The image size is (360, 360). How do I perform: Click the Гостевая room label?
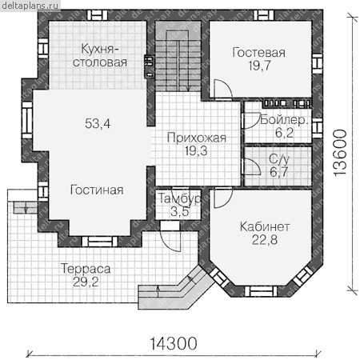coord(258,53)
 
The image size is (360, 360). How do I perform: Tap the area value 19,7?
coord(260,66)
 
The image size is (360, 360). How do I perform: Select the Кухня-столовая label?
coord(100,55)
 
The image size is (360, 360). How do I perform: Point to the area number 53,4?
coord(98,123)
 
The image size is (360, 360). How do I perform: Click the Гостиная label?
coord(97,190)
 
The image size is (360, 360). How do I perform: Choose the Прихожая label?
coord(197,138)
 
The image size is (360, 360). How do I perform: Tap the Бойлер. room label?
coord(284,121)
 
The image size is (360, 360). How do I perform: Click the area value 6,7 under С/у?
coord(278,172)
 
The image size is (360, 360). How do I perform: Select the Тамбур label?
coord(180,198)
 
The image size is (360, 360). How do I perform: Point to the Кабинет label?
coord(265,227)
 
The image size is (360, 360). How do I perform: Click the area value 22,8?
coord(265,240)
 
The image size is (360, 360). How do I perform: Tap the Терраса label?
coord(86,269)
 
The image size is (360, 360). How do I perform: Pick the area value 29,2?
coord(86,282)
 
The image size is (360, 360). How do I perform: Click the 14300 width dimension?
coord(174,343)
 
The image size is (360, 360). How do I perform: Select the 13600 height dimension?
coord(341,153)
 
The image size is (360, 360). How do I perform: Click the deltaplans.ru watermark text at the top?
coord(30,6)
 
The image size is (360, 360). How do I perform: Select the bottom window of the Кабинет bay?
coord(261,290)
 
